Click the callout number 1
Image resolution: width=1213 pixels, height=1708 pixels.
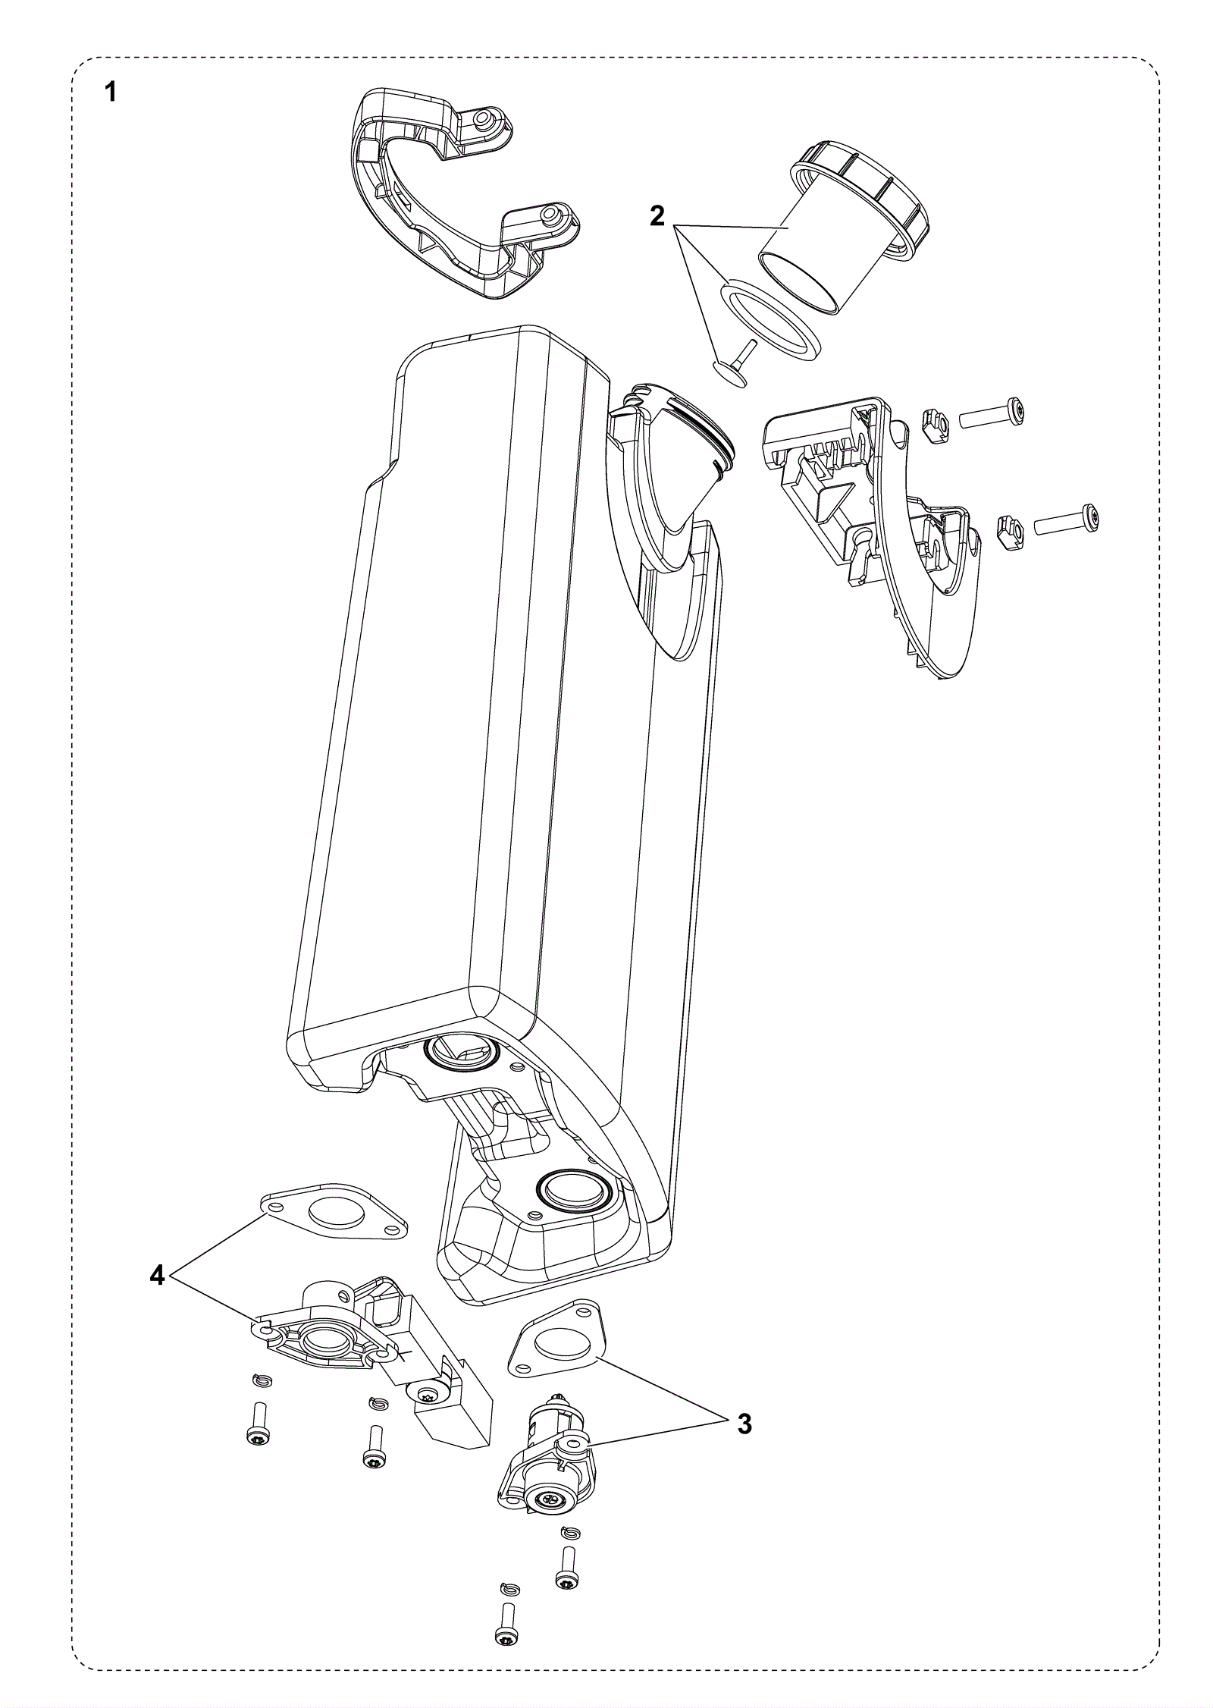point(111,93)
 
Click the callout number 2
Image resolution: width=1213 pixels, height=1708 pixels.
point(657,217)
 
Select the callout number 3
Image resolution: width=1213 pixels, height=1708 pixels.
point(744,1424)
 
